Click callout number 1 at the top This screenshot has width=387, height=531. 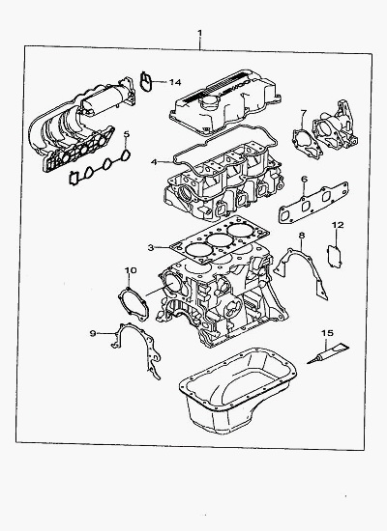(200, 33)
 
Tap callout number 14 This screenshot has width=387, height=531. (175, 82)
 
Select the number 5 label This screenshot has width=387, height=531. (127, 134)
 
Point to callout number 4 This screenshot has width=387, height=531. (154, 162)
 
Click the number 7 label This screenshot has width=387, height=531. (304, 112)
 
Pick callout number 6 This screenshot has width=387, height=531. (304, 179)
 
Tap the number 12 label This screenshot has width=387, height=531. (338, 225)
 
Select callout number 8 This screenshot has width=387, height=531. (302, 235)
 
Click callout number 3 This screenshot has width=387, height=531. (151, 247)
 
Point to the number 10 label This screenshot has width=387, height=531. (131, 270)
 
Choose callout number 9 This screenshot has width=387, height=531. (93, 333)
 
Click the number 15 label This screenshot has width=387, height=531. (328, 333)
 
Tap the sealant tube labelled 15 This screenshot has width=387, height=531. (328, 354)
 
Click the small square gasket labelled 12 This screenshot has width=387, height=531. (335, 256)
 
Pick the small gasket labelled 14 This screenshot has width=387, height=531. (143, 82)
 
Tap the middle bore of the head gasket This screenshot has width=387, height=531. (218, 240)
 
